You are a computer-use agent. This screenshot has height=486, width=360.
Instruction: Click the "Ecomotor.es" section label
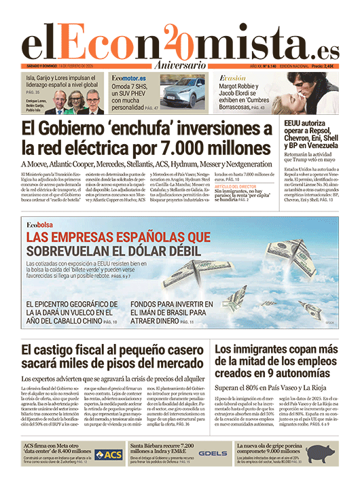[x=129, y=79]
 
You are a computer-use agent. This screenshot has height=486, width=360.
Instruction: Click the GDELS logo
[x=214, y=453]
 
